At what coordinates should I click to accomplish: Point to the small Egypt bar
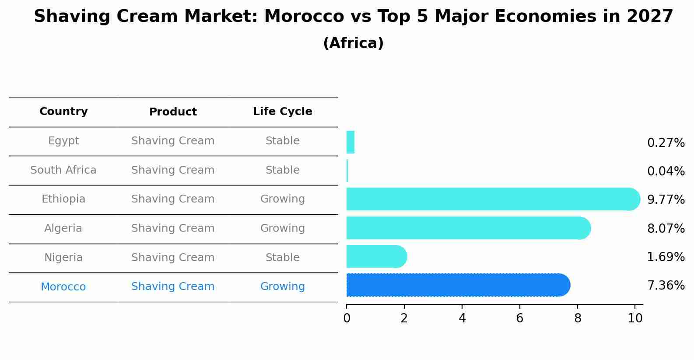pyautogui.click(x=350, y=142)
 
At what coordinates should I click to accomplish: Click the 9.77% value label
pyautogui.click(x=666, y=200)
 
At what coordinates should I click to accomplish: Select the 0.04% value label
pyautogui.click(x=666, y=171)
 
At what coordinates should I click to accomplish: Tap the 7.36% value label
pyautogui.click(x=666, y=286)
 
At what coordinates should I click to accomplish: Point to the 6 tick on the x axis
pyautogui.click(x=520, y=318)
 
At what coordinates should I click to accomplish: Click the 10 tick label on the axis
pyautogui.click(x=635, y=318)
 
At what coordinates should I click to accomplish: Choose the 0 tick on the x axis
pyautogui.click(x=347, y=318)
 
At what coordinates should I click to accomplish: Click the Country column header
pyautogui.click(x=63, y=112)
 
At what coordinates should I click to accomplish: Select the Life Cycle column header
pyautogui.click(x=283, y=112)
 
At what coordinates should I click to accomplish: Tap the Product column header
pyautogui.click(x=173, y=112)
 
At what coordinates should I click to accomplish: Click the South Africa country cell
pyautogui.click(x=63, y=170)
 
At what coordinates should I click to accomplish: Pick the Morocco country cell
pyautogui.click(x=63, y=287)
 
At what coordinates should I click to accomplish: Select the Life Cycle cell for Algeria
pyautogui.click(x=283, y=228)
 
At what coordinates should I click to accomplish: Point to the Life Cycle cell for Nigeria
pyautogui.click(x=283, y=258)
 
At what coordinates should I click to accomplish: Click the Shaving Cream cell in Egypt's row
pyautogui.click(x=173, y=141)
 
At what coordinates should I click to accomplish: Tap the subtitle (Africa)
pyautogui.click(x=353, y=43)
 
